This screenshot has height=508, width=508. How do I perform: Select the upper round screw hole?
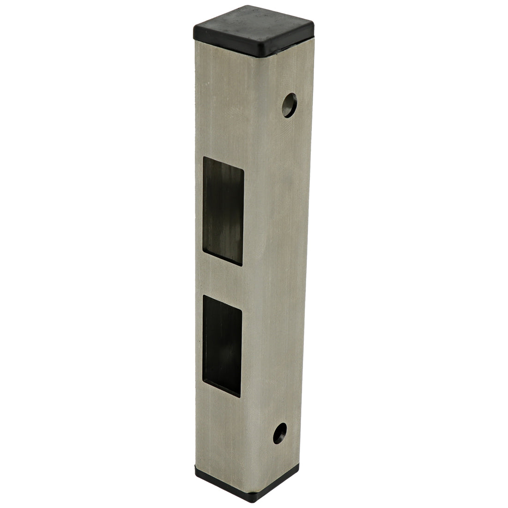coord(290,105)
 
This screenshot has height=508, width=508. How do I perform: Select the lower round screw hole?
coord(279,433)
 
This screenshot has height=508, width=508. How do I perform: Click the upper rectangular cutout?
coord(223,210)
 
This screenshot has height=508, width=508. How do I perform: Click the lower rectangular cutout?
coord(222,345)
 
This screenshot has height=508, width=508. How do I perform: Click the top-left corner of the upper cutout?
coord(204,157)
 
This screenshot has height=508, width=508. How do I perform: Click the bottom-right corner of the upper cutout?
coord(242,266)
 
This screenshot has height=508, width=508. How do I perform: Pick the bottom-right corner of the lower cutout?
coord(240,397)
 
